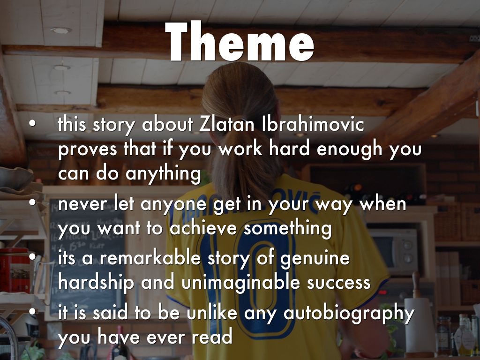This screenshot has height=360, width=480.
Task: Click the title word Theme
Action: click(240, 42)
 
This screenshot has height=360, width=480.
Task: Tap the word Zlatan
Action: click(226, 124)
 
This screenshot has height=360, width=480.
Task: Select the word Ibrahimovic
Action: click(313, 124)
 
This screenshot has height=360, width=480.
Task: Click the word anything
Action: click(163, 174)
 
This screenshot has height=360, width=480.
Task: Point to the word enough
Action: click(349, 150)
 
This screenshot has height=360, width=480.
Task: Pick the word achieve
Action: click(203, 229)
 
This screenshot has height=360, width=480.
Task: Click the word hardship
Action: click(96, 282)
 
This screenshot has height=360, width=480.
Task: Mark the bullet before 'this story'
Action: click(32, 124)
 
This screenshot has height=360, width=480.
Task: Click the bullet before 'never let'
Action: click(32, 203)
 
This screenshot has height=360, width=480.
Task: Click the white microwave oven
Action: click(393, 252)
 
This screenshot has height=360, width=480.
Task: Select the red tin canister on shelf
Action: click(15, 270)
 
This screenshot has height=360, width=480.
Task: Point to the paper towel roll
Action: click(419, 327)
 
